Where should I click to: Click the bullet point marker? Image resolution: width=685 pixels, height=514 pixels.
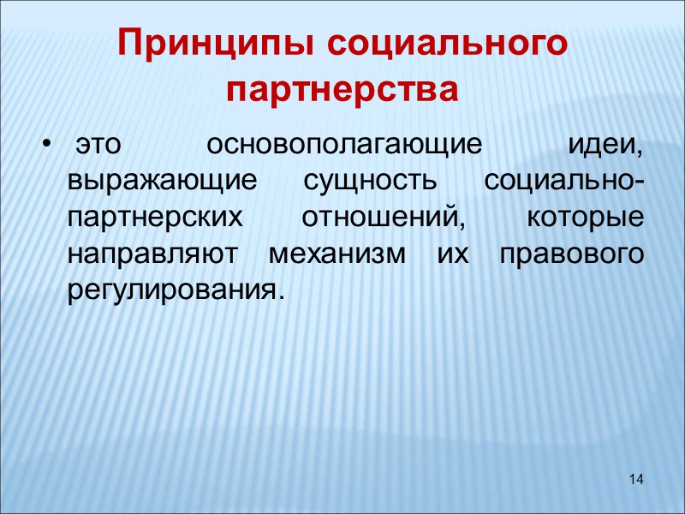click(x=46, y=145)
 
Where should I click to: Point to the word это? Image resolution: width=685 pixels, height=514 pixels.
click(x=96, y=145)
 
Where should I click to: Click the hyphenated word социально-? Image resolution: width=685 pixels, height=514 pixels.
click(x=563, y=182)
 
